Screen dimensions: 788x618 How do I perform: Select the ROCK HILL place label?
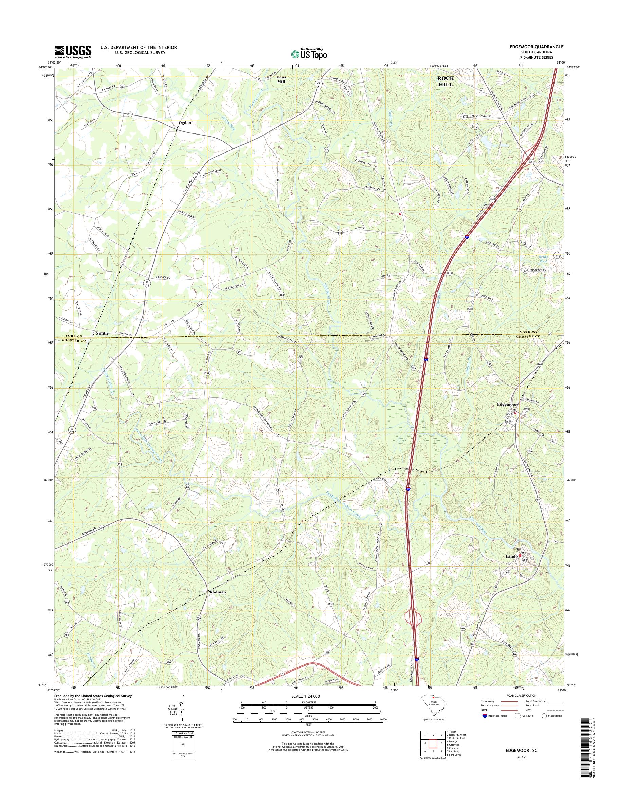(446, 82)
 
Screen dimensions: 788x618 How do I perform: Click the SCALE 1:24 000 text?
(309, 696)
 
